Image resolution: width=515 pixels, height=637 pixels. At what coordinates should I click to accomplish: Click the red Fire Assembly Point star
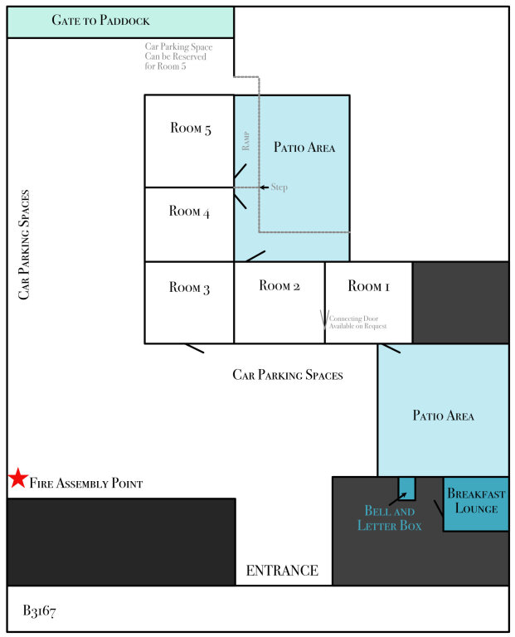[x=18, y=478]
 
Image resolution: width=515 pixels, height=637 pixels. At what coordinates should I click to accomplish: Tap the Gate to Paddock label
[x=100, y=20]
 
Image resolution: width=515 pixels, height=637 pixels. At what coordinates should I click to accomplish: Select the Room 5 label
[x=191, y=128]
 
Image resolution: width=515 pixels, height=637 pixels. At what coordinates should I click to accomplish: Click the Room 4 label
[x=189, y=212]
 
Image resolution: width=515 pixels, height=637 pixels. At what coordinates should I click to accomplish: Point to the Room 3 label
[x=189, y=287]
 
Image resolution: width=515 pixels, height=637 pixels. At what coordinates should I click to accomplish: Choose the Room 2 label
[x=279, y=285]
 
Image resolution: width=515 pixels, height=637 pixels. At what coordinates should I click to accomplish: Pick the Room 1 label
[x=368, y=285]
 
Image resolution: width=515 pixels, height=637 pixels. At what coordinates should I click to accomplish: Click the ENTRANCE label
[x=282, y=571]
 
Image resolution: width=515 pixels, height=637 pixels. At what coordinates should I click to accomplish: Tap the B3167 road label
[x=40, y=610]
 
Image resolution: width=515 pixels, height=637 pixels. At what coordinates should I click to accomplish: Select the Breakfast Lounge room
[x=475, y=503]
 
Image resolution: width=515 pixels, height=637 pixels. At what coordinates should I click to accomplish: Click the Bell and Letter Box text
[x=390, y=518]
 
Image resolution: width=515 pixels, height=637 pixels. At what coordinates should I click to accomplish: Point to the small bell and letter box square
[x=406, y=489]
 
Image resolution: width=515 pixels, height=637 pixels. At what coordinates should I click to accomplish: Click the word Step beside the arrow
[x=279, y=187]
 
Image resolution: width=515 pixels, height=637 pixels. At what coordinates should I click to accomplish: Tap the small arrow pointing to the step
[x=264, y=187]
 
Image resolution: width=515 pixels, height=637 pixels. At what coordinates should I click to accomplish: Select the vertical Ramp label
[x=245, y=140]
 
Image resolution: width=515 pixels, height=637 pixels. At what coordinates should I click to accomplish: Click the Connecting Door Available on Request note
[x=357, y=322]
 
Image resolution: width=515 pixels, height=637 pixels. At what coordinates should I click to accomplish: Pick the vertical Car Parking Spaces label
[x=24, y=245]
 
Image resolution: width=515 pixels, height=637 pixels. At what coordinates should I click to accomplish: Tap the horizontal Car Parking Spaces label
[x=288, y=375]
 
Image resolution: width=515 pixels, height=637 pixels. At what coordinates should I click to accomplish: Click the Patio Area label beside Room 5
[x=304, y=147]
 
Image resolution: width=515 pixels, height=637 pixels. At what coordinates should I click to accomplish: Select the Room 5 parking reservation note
[x=178, y=56]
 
